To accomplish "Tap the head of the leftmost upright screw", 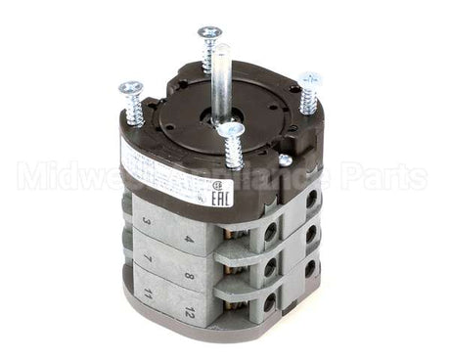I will (x=131, y=89).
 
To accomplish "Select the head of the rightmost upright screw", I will (x=312, y=79).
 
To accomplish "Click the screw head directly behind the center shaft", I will (x=209, y=33).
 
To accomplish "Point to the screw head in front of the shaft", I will (x=231, y=129).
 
